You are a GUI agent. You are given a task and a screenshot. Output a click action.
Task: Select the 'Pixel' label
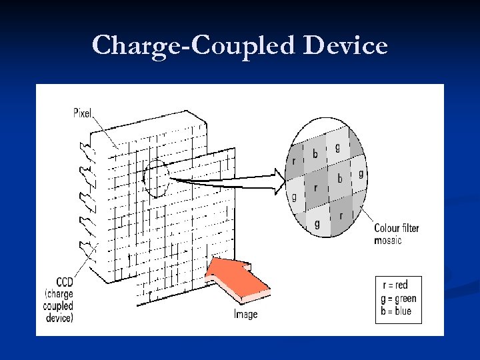click(82, 113)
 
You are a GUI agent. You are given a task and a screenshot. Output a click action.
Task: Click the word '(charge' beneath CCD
click(59, 294)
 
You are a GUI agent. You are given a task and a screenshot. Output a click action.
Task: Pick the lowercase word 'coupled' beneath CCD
click(59, 306)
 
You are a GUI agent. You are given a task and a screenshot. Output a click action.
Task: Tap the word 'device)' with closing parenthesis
click(59, 318)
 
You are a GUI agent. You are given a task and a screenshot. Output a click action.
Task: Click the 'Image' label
click(245, 314)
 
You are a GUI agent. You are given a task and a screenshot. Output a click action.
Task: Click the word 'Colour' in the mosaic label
click(387, 229)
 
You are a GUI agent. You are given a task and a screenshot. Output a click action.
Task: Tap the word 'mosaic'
click(388, 240)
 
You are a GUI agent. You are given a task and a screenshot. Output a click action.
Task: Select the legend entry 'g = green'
click(398, 298)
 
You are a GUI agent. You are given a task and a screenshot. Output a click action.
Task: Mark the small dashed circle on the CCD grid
click(156, 179)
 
